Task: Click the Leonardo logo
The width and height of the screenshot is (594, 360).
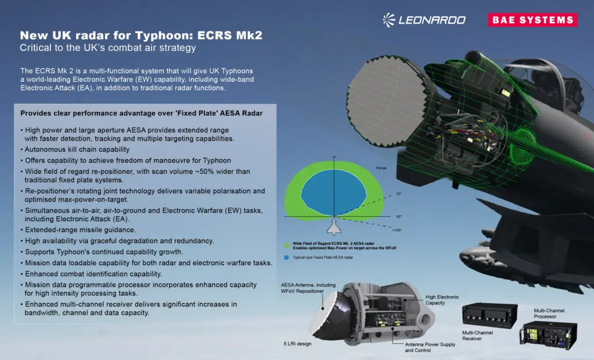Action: [424, 20]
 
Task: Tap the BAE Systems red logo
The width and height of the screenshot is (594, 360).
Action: [533, 20]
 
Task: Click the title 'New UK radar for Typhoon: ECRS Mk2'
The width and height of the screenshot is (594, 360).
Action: [141, 35]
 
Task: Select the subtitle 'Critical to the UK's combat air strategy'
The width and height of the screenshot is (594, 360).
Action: [108, 48]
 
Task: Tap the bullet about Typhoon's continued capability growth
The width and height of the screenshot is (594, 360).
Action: [103, 252]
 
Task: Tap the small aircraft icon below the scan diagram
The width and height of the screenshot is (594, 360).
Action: [334, 225]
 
